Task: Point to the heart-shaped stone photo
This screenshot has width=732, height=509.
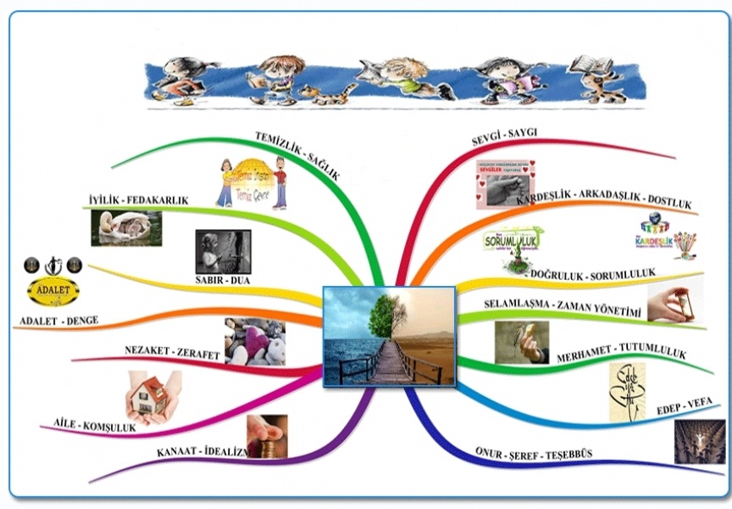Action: (x=254, y=341)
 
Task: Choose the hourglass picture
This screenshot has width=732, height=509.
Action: (x=674, y=302)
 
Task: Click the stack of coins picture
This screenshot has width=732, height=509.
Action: (x=267, y=435)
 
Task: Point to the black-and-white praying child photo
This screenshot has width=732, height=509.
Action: (x=223, y=251)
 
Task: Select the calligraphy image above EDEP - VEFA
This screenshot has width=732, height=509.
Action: (x=627, y=391)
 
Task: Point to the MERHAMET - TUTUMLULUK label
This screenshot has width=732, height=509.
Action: (x=621, y=354)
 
